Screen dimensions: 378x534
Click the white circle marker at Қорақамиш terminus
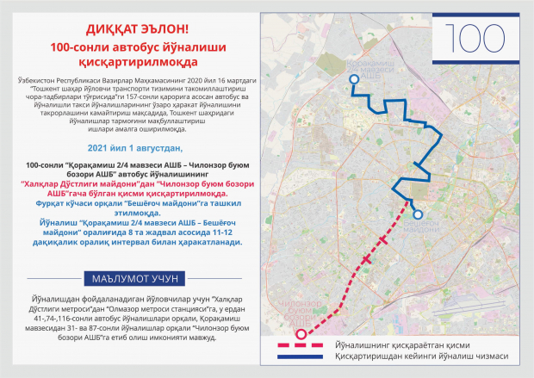(x=352, y=79)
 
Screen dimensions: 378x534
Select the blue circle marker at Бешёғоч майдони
(x=418, y=214)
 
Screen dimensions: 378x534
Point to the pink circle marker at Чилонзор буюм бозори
(x=301, y=334)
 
